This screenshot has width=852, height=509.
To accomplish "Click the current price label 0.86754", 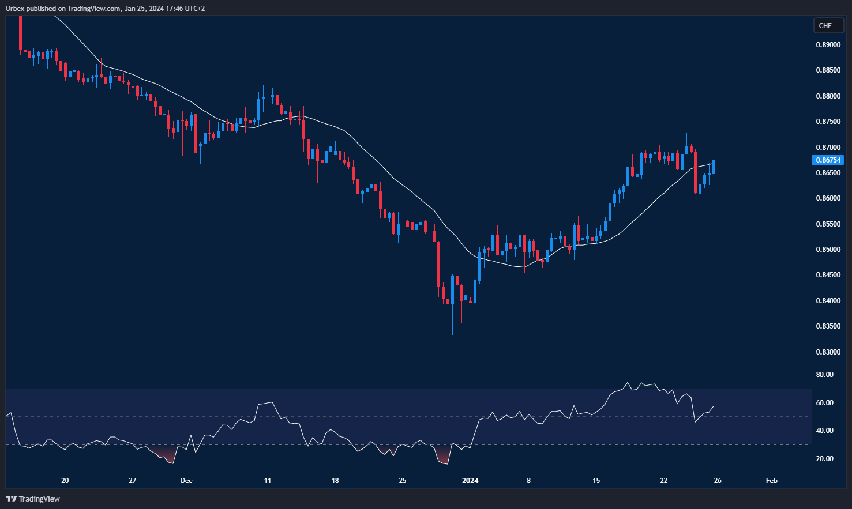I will point(828,160).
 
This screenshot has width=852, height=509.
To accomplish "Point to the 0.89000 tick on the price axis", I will point(828,45).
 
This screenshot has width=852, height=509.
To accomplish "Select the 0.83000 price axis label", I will point(828,352).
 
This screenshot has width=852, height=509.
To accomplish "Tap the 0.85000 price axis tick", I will point(828,250).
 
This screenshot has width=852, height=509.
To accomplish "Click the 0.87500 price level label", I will point(828,122).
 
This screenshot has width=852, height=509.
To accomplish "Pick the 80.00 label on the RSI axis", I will point(824,375).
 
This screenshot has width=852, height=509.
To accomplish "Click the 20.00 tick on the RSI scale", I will point(824,459).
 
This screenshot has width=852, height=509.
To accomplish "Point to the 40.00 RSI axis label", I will point(824,431).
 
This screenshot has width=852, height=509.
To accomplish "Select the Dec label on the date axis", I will point(186,481).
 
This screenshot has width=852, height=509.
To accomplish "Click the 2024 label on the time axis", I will point(470,481).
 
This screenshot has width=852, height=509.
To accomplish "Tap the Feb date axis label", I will point(771,481).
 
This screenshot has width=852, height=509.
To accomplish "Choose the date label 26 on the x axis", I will point(717,481).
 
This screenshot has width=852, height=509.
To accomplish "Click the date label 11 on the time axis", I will point(267,481).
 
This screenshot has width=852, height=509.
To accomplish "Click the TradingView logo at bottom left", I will point(33,499).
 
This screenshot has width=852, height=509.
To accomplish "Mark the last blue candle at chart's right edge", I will point(714,167).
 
